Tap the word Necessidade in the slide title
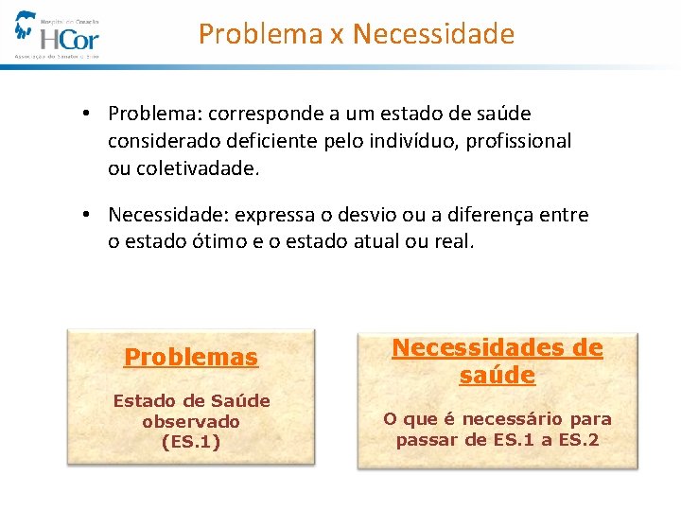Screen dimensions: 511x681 433,35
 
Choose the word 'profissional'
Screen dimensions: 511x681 520,141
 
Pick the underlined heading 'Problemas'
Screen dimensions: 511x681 191,358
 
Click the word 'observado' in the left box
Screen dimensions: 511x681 191,421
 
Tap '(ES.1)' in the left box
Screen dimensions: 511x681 191,441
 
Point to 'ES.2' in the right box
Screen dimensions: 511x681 581,439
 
